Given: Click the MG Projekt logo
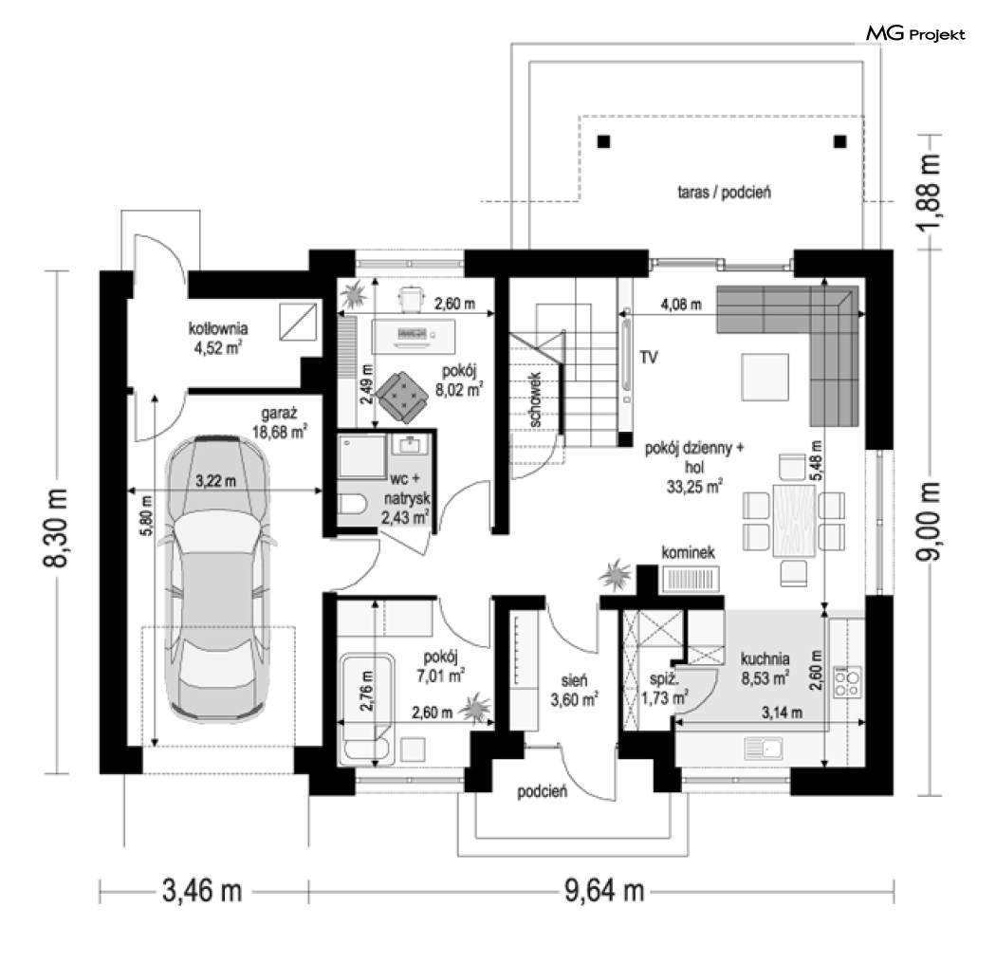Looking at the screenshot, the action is (915, 33).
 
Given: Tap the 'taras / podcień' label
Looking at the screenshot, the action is (724, 192).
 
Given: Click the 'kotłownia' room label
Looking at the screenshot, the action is (218, 328).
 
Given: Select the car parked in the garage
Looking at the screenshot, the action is (216, 580).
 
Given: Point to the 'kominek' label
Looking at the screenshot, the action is (688, 552).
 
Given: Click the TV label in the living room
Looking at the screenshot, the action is (649, 358).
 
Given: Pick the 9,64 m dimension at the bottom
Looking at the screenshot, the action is (604, 891).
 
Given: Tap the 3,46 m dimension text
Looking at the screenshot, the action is (202, 891).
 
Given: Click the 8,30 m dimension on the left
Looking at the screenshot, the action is (56, 528).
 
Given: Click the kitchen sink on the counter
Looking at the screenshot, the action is (763, 749).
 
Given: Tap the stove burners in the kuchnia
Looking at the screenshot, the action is (847, 682).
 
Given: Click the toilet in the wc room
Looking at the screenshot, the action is (352, 505).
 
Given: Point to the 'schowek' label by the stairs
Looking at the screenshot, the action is (535, 399).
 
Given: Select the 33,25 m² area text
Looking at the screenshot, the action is (694, 487).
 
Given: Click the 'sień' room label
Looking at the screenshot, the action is (574, 681).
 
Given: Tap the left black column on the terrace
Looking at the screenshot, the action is (603, 141).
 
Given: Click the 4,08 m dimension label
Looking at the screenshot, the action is (681, 305).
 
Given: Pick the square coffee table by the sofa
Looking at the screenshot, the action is (765, 378).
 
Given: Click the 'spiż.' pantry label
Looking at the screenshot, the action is (662, 679).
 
